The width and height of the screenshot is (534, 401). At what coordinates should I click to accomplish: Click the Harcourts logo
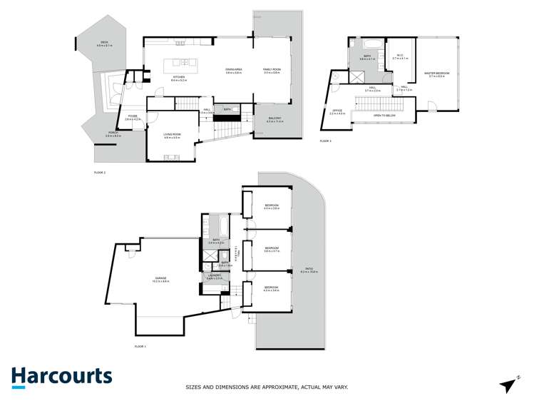61,377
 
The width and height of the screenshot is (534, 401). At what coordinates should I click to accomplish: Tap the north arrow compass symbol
508,385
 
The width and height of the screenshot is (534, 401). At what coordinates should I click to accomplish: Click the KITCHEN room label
178,78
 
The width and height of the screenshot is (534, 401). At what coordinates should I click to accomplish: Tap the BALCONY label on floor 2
274,119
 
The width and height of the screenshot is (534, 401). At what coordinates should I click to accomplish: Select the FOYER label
133,116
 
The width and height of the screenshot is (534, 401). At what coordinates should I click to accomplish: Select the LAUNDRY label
211,276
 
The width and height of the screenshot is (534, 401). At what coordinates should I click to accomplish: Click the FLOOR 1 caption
140,345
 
